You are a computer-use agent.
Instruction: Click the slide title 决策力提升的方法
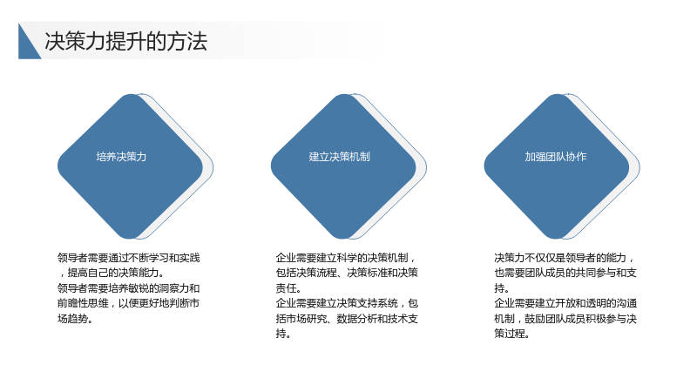[125, 41]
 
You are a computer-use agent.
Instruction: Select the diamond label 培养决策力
[121, 157]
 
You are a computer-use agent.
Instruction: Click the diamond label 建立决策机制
[339, 157]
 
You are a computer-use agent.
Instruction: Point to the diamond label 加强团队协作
[556, 157]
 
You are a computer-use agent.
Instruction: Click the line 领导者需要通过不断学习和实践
[128, 258]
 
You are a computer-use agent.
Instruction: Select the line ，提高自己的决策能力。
[112, 273]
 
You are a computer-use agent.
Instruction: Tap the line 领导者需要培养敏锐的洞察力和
[128, 288]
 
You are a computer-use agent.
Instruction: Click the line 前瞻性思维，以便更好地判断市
[128, 303]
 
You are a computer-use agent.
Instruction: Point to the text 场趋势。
[75, 319]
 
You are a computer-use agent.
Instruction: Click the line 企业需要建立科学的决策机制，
[346, 258]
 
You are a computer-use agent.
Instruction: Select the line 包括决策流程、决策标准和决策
[347, 273]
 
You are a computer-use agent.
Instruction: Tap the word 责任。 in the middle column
[288, 288]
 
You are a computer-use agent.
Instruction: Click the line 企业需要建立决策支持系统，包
[347, 303]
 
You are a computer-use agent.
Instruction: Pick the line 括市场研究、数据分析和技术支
[347, 319]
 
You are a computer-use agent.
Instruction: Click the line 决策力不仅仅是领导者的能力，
[565, 258]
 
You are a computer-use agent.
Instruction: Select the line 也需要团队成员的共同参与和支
[565, 273]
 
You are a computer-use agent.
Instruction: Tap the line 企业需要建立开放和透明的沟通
[565, 303]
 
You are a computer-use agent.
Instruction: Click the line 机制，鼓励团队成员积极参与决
[565, 319]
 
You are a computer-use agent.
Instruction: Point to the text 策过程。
[511, 334]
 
